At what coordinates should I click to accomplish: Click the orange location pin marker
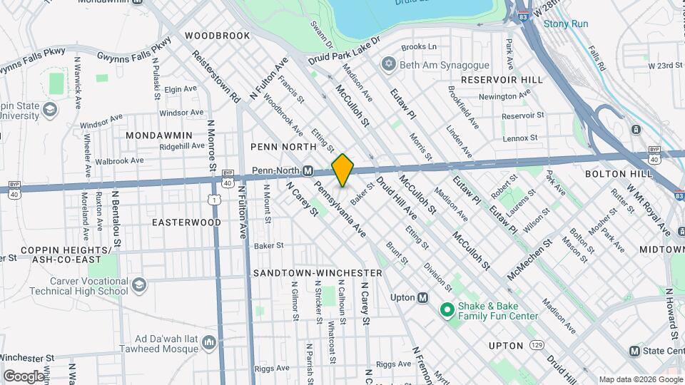(342, 170)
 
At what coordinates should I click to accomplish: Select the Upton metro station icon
(422, 297)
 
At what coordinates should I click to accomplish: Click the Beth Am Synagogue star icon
(388, 65)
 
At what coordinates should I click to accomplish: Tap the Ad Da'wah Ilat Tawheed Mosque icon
(209, 344)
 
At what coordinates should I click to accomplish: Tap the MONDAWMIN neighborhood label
(159, 135)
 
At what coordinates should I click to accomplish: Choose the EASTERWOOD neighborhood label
(186, 222)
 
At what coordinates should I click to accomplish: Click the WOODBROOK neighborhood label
(217, 35)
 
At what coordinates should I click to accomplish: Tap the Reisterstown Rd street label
(215, 75)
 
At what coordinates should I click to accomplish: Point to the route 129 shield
(536, 346)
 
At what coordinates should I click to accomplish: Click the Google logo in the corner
(23, 376)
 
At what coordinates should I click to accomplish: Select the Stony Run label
(566, 24)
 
